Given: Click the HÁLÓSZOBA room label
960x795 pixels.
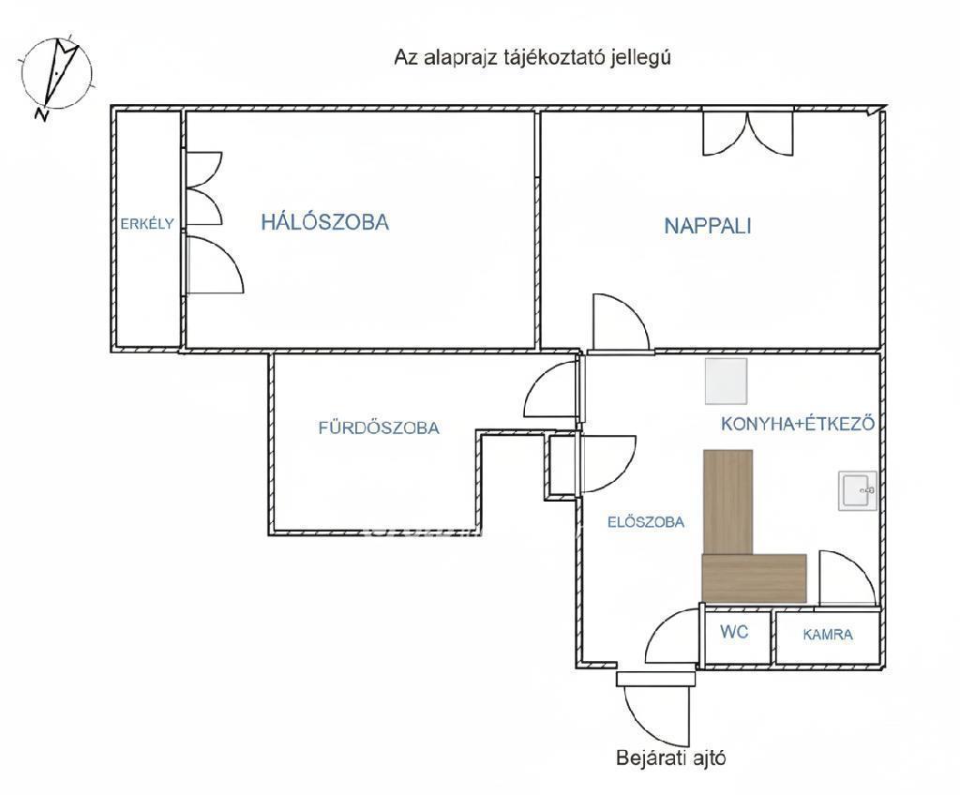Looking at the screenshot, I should click(x=324, y=222).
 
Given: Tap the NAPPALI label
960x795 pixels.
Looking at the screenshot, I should click(x=708, y=226).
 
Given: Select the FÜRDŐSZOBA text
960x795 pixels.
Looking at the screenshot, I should click(x=378, y=428).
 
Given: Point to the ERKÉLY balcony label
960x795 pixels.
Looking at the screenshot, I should click(x=146, y=223).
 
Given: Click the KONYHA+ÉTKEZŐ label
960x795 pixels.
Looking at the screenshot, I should click(x=797, y=424).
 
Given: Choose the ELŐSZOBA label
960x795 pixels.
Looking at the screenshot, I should click(x=645, y=522).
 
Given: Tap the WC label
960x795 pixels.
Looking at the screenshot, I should click(x=734, y=632).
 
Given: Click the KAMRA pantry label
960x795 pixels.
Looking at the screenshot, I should click(x=828, y=635).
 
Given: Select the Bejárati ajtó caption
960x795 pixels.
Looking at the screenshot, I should click(x=671, y=757).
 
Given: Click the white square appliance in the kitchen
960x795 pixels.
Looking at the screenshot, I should click(x=727, y=381).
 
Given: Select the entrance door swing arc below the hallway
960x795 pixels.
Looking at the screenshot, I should click(x=647, y=708).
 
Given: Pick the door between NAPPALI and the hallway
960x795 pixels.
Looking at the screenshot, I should click(x=619, y=323).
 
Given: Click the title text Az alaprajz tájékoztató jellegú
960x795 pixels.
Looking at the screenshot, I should click(x=532, y=56).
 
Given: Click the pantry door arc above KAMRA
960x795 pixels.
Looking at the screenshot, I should click(x=844, y=577).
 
